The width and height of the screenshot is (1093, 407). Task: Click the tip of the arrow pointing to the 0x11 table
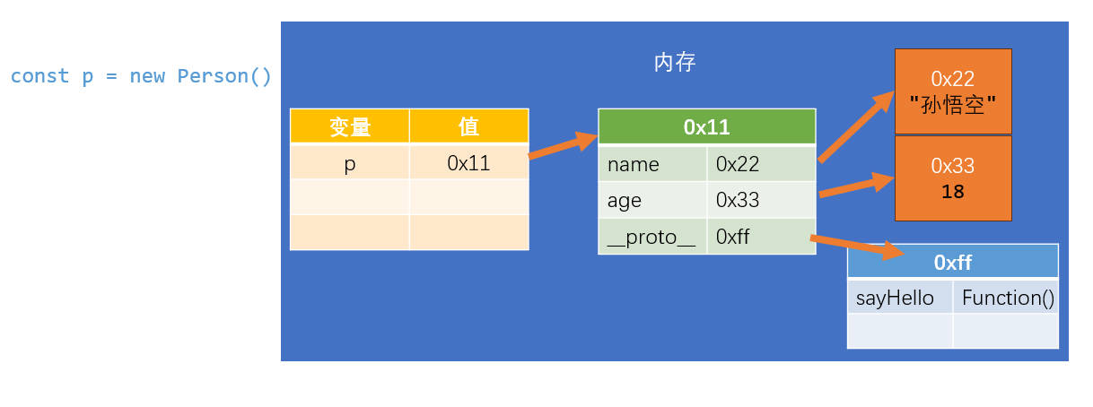598,136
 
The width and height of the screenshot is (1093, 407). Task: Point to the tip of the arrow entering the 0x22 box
894,91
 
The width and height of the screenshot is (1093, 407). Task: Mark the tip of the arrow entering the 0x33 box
894,178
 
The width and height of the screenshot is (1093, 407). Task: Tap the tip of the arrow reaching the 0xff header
905,254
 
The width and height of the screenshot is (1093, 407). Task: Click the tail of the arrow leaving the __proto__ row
810,238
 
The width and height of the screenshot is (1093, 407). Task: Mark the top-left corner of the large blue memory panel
281,22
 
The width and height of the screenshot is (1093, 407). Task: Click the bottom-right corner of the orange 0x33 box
1011,221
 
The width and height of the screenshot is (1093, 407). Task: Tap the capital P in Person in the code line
182,76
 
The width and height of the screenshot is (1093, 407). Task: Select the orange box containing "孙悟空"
953,91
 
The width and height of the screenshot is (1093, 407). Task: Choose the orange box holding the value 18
953,178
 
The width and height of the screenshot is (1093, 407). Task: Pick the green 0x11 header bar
707,126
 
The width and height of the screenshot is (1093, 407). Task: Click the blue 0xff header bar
953,262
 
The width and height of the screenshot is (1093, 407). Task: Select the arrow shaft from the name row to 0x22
856,126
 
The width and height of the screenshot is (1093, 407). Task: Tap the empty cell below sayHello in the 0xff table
900,331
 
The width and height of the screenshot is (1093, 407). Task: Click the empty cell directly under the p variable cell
350,197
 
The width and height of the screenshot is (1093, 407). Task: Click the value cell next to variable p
469,163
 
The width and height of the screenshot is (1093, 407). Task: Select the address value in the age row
738,200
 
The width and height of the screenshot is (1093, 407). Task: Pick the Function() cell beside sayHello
1006,297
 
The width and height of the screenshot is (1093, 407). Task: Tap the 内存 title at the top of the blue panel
675,63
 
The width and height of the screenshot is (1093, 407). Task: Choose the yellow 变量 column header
350,126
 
